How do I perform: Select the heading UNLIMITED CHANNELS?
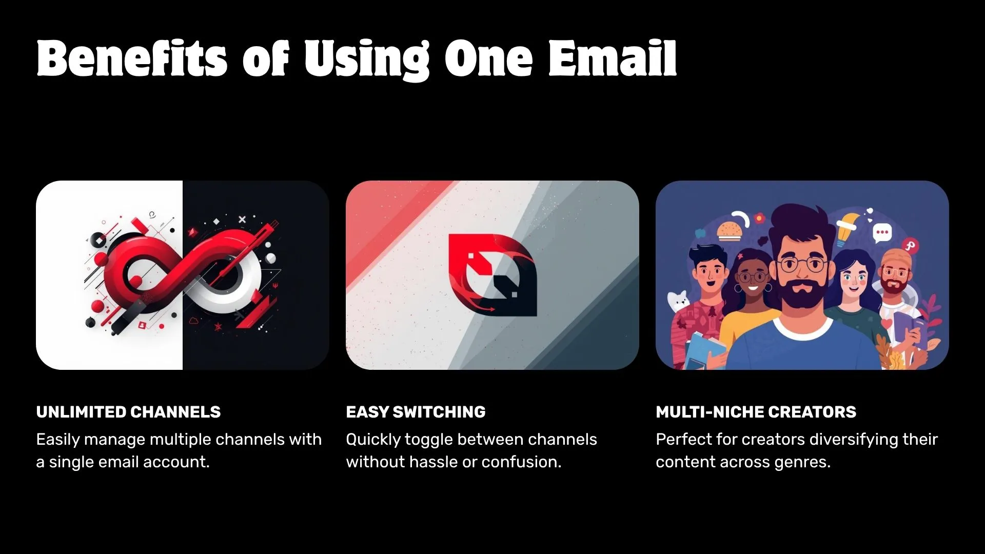pyautogui.click(x=128, y=412)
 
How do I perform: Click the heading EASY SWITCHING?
pyautogui.click(x=416, y=412)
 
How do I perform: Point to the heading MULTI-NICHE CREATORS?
pyautogui.click(x=756, y=412)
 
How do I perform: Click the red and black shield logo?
pyautogui.click(x=493, y=275)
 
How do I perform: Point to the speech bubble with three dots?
pyautogui.click(x=882, y=233)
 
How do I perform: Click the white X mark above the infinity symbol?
pyautogui.click(x=242, y=220)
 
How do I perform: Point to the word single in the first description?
pyautogui.click(x=71, y=462)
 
